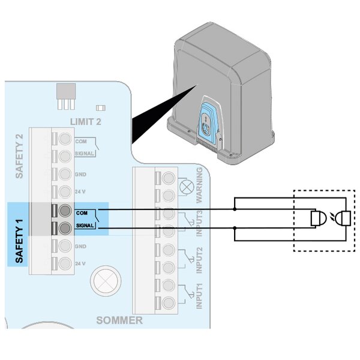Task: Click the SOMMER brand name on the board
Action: click(119, 320)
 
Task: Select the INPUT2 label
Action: click(200, 259)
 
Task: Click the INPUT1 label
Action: click(200, 296)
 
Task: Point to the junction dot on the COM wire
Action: click(235, 209)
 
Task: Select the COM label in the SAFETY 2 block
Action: click(80, 140)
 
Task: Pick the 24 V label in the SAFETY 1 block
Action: click(80, 263)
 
